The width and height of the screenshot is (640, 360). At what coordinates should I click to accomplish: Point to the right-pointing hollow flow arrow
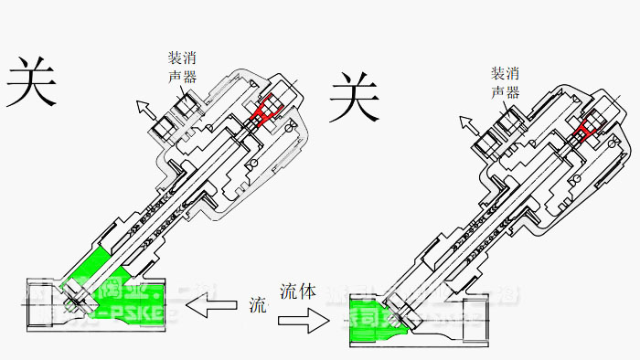pyautogui.click(x=303, y=320)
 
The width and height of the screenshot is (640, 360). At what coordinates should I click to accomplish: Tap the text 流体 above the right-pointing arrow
pyautogui.click(x=298, y=292)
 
